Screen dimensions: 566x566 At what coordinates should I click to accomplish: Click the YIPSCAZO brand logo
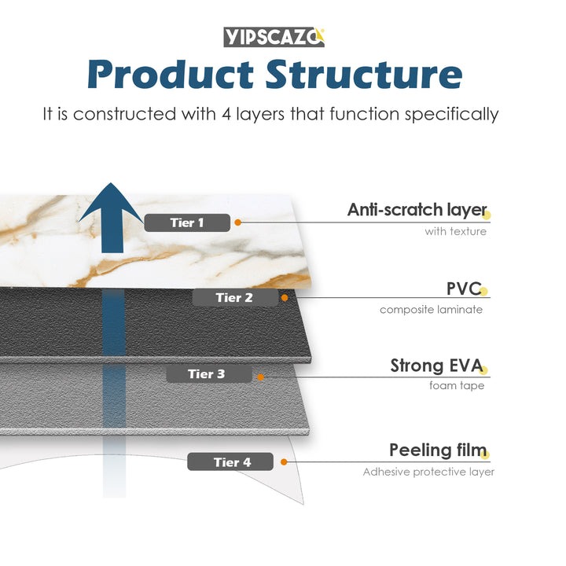click(274, 37)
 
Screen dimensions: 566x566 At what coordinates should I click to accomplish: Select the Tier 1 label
click(187, 222)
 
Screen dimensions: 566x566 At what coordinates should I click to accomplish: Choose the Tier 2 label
click(234, 297)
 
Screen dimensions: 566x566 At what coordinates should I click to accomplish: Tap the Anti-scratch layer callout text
click(417, 210)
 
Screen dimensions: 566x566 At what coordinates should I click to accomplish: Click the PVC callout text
click(462, 288)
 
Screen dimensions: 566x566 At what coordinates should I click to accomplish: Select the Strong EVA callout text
click(437, 366)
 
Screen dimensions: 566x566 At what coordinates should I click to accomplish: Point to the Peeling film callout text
click(438, 450)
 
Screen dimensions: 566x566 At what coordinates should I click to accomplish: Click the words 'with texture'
click(455, 231)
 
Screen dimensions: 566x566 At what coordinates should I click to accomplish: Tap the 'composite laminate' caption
click(431, 309)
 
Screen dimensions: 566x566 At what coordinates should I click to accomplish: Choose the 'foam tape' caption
click(456, 386)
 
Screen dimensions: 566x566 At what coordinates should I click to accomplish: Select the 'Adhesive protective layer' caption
click(428, 472)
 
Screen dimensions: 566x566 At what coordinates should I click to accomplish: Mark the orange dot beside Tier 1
click(237, 222)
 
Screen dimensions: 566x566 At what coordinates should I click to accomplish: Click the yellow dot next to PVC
click(484, 292)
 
